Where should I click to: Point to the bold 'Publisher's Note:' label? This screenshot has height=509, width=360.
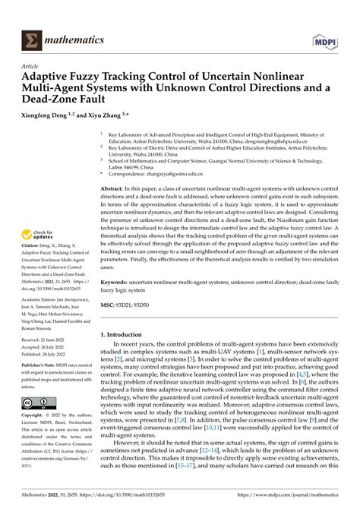pos(27,387)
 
